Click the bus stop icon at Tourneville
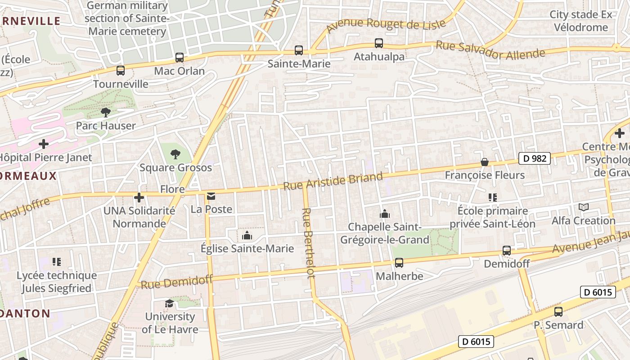[120, 71]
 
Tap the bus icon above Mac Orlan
[179, 58]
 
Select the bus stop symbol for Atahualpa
[379, 43]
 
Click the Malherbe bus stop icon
[399, 263]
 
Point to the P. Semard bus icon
[558, 311]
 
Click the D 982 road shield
[535, 158]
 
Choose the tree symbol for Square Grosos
[175, 154]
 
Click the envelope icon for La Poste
[211, 196]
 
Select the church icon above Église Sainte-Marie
[247, 236]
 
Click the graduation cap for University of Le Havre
[169, 303]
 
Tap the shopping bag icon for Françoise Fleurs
[485, 162]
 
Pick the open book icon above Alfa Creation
[583, 207]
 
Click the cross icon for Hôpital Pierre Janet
[44, 144]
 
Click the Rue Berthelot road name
[308, 243]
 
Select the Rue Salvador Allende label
[490, 50]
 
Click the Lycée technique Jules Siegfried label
[57, 282]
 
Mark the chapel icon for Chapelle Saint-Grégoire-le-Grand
[384, 213]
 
